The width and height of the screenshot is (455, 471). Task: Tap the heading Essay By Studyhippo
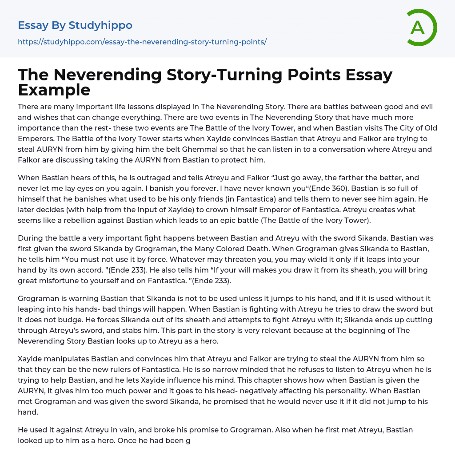coord(75,25)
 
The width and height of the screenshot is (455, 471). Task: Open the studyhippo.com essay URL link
coord(142,42)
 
